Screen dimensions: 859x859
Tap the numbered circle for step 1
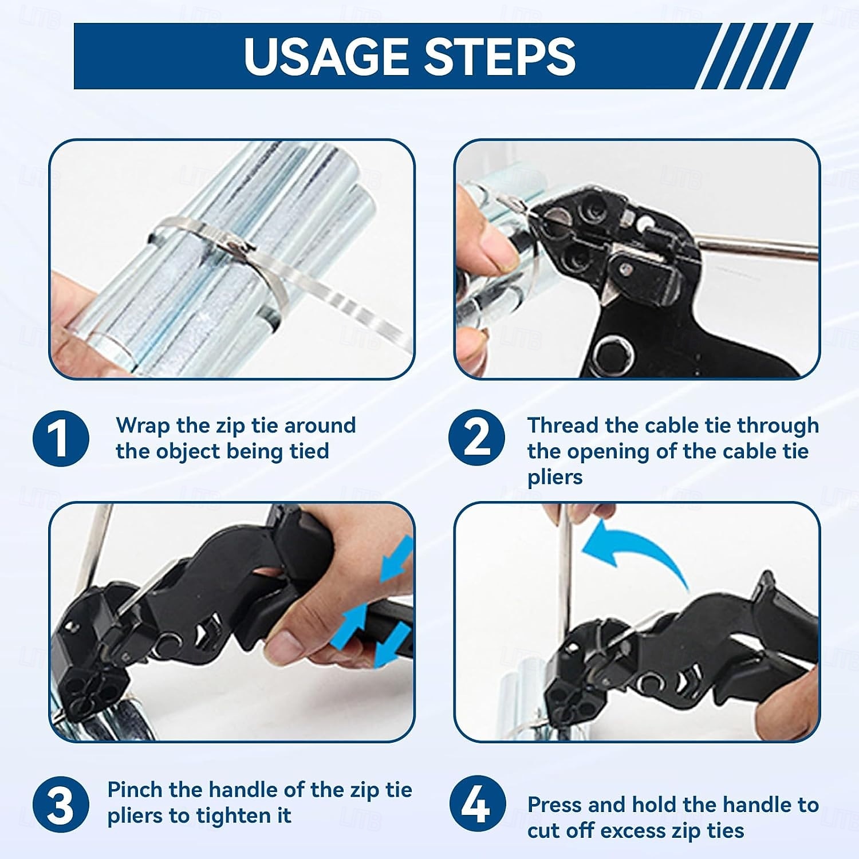[61, 438]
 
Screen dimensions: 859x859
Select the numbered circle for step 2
[476, 438]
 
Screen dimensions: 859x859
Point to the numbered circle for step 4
[476, 804]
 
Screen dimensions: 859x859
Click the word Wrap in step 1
[143, 426]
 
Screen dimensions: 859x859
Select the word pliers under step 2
[555, 478]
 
